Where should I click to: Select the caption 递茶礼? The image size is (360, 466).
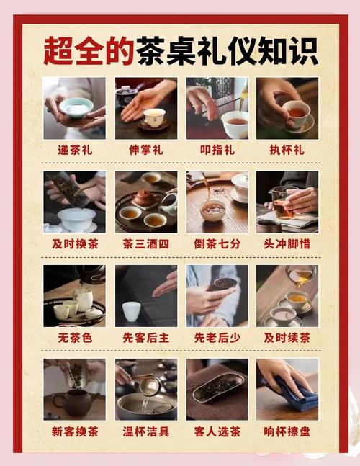(x=74, y=151)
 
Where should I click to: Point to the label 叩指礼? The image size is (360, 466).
(x=217, y=151)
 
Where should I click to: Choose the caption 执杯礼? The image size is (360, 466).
(x=287, y=151)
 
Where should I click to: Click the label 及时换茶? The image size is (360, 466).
(x=74, y=244)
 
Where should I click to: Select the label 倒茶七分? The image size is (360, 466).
(x=217, y=244)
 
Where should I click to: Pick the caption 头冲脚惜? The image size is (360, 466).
(x=287, y=244)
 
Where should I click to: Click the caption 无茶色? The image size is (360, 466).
(x=74, y=338)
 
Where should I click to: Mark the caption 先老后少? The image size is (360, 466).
(x=217, y=338)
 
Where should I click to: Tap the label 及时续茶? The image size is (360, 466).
(x=287, y=338)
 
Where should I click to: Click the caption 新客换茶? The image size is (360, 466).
(x=74, y=432)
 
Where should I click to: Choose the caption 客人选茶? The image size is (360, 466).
(x=217, y=432)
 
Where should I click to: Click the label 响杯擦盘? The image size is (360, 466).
(x=287, y=432)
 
